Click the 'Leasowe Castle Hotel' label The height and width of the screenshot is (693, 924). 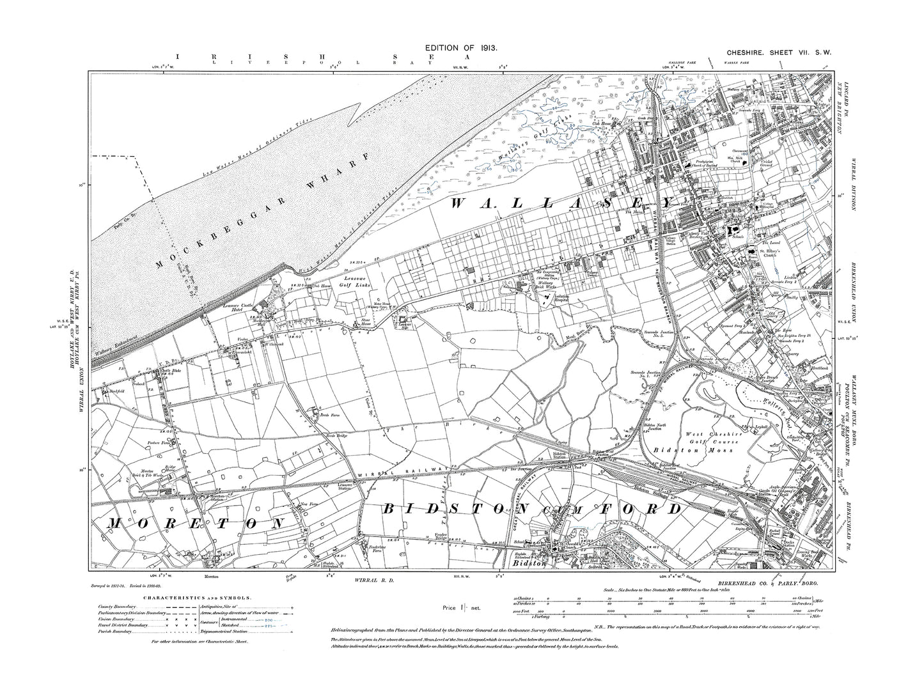coord(244,310)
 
